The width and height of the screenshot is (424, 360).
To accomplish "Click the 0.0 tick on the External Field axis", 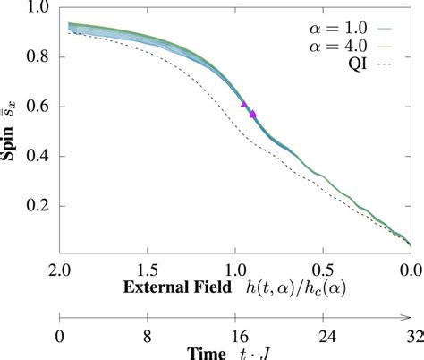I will click(x=410, y=270).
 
